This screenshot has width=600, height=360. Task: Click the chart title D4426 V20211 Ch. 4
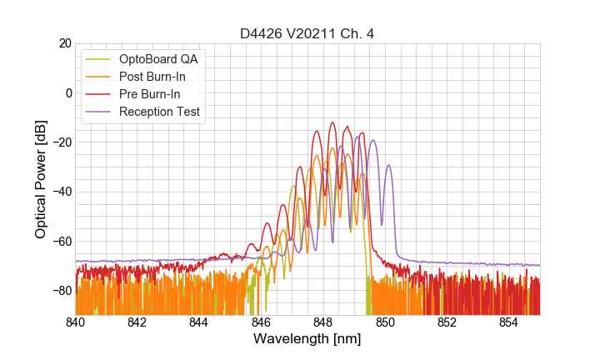tap(307, 33)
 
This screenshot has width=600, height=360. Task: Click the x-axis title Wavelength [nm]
tap(307, 340)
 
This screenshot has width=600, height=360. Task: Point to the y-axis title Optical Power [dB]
tap(41, 178)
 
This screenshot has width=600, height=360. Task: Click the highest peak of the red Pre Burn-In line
tap(332, 122)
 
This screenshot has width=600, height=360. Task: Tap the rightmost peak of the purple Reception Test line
tap(388, 165)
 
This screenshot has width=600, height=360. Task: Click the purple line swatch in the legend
tap(98, 112)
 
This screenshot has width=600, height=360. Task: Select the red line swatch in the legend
tap(98, 94)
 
